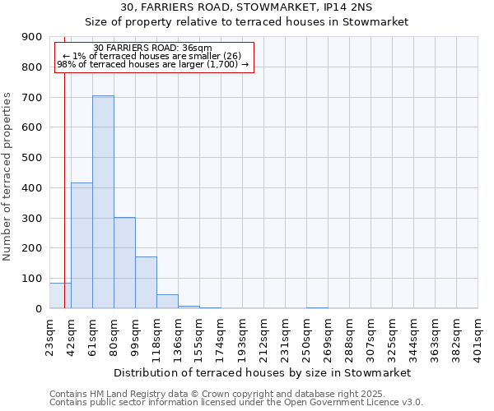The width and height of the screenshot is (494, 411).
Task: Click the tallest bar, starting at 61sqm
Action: coord(103,201)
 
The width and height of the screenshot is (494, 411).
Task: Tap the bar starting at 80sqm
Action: coord(124,262)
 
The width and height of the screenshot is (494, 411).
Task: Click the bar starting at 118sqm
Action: coord(167,301)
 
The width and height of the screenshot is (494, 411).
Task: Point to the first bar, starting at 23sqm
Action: coord(60,296)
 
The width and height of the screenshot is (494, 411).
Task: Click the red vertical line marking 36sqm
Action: coord(64,189)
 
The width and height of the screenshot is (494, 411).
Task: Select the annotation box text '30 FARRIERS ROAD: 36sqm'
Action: coord(152,48)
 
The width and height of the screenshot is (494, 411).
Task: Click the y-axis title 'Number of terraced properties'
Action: coord(7,177)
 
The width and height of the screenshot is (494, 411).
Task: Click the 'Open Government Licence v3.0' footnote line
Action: coord(236,403)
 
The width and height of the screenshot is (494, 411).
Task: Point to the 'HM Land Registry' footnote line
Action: coord(236,394)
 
